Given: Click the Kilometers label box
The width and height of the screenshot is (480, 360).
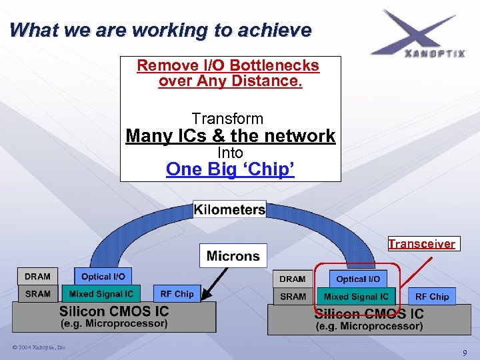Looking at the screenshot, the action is pos(229,209).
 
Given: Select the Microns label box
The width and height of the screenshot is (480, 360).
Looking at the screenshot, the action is pos(233,256).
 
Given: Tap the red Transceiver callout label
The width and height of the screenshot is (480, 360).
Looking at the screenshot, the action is pos(421,244).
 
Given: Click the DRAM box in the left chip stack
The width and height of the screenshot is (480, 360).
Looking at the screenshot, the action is pos(37,277).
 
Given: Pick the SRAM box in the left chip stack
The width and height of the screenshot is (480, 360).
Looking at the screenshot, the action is pos(37,293).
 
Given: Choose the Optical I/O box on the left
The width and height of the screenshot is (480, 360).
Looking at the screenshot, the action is pos(103,277).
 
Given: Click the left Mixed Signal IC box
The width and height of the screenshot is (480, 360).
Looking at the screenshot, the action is pos(101,293).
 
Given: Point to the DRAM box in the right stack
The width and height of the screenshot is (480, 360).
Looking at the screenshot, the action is pos(293,279).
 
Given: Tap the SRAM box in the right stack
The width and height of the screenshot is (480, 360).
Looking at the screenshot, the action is pos(293,297).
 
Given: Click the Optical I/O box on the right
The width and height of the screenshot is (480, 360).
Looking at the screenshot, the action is pos(358,279).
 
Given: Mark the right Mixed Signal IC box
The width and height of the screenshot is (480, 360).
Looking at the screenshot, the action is pos(356,297).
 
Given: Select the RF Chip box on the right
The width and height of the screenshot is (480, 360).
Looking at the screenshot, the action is pos(432,297).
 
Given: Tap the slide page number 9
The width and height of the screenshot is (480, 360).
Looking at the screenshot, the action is pos(465,352).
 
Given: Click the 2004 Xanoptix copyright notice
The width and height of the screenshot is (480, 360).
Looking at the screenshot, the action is pos(39,347).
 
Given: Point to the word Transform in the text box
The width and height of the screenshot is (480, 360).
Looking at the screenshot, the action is pos(227,119).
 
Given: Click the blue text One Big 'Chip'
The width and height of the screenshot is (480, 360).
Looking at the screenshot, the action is pos(230,169).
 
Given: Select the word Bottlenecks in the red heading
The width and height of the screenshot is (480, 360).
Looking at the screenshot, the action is pos(273,66).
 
